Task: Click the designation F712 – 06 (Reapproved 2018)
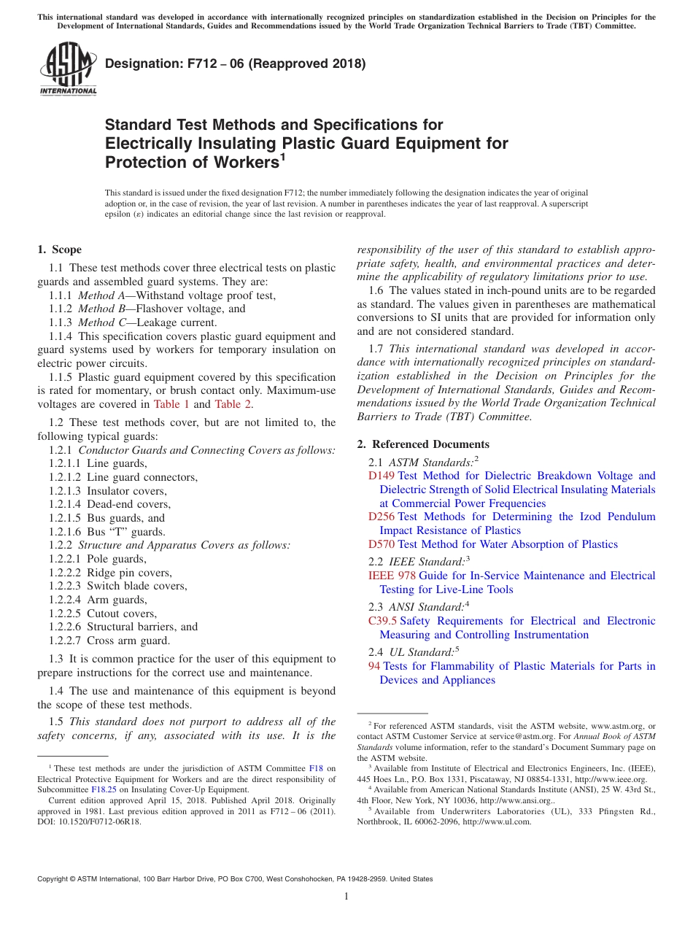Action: (x=235, y=63)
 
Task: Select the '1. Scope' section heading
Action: (x=59, y=250)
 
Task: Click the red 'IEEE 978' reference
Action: (x=392, y=576)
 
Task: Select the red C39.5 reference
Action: (x=382, y=621)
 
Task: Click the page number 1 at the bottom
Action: (x=346, y=897)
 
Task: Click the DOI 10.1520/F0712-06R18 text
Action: (x=101, y=821)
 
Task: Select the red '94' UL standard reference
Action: (x=374, y=666)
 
